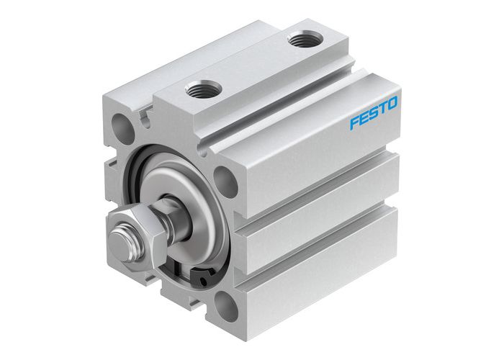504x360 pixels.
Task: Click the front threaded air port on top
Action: tap(201, 89)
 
